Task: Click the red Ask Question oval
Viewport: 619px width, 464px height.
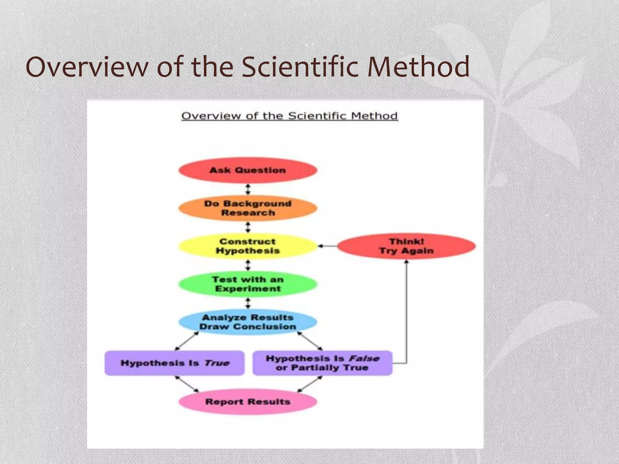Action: point(248,170)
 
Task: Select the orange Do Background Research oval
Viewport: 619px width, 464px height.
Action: point(248,208)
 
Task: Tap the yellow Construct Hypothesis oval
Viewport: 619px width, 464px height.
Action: point(248,246)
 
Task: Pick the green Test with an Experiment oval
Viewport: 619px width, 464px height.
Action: point(248,284)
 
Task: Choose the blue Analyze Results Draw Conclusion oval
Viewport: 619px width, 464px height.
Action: point(248,322)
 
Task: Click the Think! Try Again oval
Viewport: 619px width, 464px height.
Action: point(406,246)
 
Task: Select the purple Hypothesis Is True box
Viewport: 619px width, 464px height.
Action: point(174,363)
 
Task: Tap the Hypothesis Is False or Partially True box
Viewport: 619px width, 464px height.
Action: point(322,363)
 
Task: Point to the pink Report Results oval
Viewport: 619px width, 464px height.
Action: point(248,402)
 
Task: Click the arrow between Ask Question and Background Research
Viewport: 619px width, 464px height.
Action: point(248,189)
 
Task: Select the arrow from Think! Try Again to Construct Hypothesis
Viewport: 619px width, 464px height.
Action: point(327,246)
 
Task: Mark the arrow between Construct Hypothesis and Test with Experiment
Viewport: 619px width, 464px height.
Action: point(248,265)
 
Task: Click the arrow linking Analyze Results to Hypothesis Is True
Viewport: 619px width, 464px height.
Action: point(187,341)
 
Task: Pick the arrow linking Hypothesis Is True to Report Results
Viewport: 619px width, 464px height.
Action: point(187,384)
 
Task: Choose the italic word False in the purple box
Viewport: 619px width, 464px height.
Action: point(364,359)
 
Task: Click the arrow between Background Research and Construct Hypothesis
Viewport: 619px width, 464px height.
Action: point(248,227)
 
